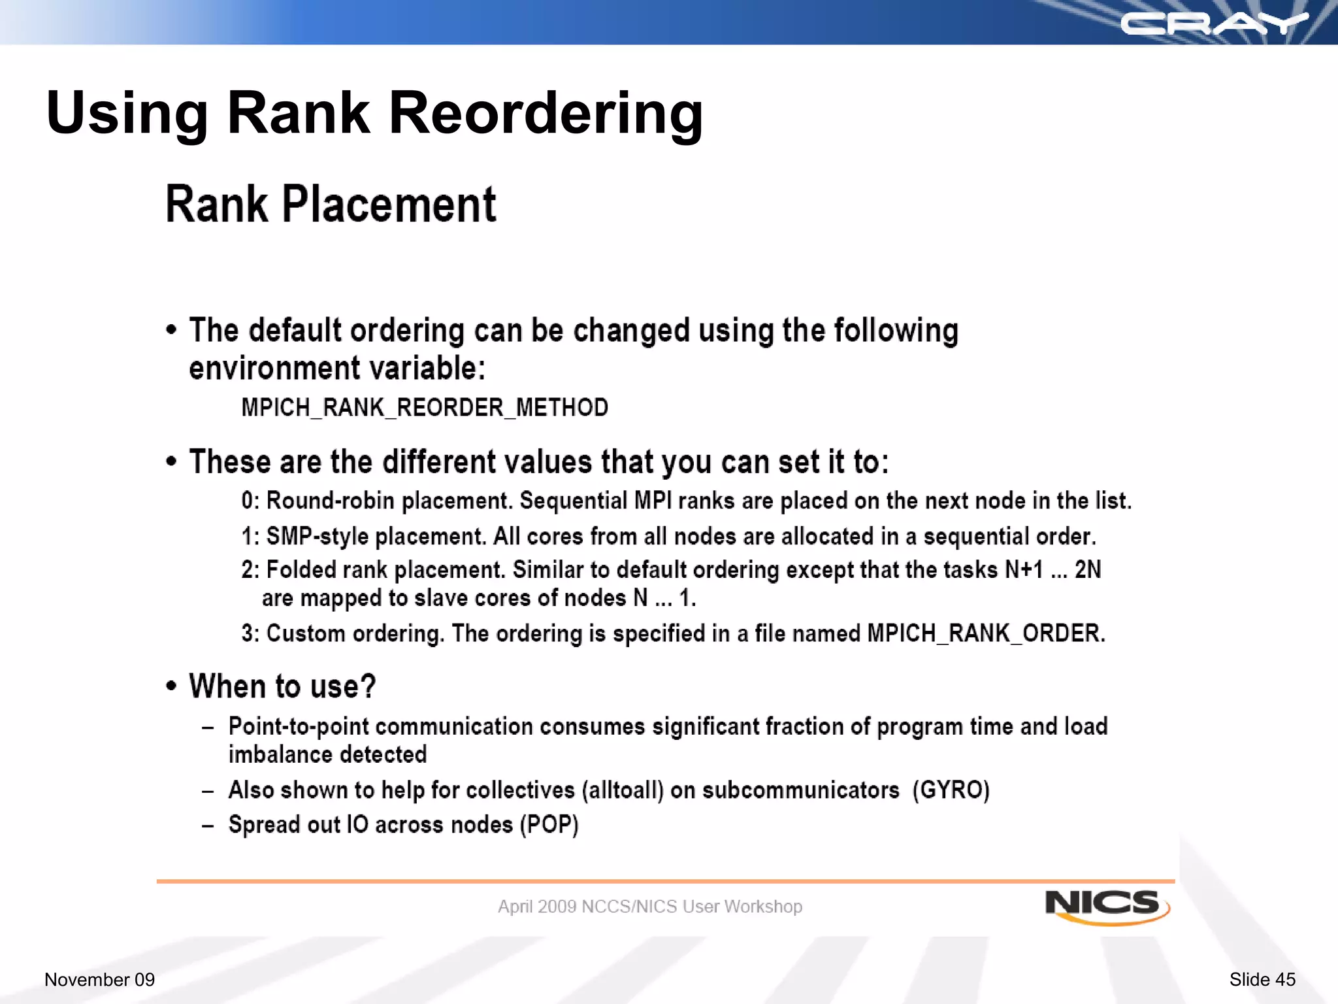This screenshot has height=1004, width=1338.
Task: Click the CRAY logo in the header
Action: coord(1214,24)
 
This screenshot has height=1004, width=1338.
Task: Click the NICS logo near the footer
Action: coord(1106,906)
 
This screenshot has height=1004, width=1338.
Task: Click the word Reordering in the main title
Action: coord(546,113)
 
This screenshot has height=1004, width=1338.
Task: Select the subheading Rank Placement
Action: coord(331,205)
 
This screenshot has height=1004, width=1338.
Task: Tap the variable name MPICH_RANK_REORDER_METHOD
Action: coord(425,408)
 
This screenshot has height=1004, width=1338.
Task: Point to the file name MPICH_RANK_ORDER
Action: coord(984,633)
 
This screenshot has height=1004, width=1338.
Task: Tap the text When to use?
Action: coord(282,686)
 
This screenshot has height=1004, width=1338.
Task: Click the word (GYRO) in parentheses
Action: coord(951,790)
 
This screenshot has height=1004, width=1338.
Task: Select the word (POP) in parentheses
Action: coord(549,825)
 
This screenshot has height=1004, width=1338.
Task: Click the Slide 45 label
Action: coord(1262,979)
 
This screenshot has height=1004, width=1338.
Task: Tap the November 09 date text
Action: coord(99,979)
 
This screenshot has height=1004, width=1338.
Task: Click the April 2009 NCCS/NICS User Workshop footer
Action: coord(649,907)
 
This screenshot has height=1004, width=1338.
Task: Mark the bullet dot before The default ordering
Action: coord(171,329)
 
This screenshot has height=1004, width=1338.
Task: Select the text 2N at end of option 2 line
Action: coord(1087,570)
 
